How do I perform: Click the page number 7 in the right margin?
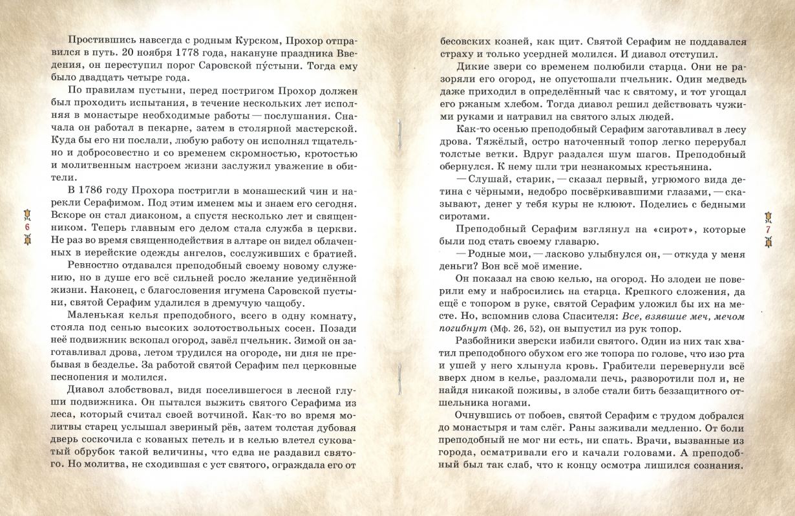pyautogui.click(x=768, y=230)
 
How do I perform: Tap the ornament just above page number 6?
pyautogui.click(x=28, y=215)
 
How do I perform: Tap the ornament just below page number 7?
pyautogui.click(x=768, y=244)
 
